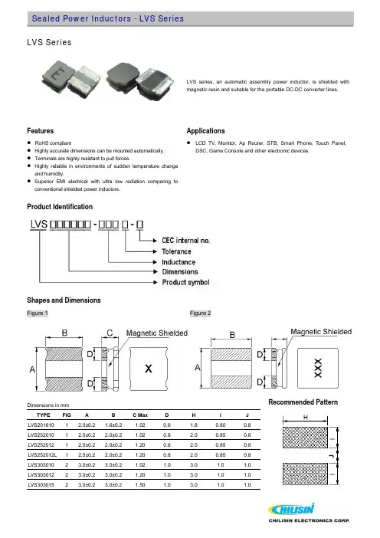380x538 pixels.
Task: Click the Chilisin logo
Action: [x=309, y=513]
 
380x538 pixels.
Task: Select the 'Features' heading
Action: [x=41, y=131]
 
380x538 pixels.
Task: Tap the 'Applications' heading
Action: [x=206, y=131]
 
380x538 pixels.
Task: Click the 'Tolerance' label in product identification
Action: [x=176, y=251]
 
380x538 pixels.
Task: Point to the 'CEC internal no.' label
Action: [x=185, y=241]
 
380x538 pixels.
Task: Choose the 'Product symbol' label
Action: [x=185, y=282]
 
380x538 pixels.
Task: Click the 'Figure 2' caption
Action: [x=200, y=313]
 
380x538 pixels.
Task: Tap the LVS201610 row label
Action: [x=41, y=425]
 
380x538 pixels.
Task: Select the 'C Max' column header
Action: [x=140, y=415]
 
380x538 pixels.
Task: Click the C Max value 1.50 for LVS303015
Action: [x=140, y=485]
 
